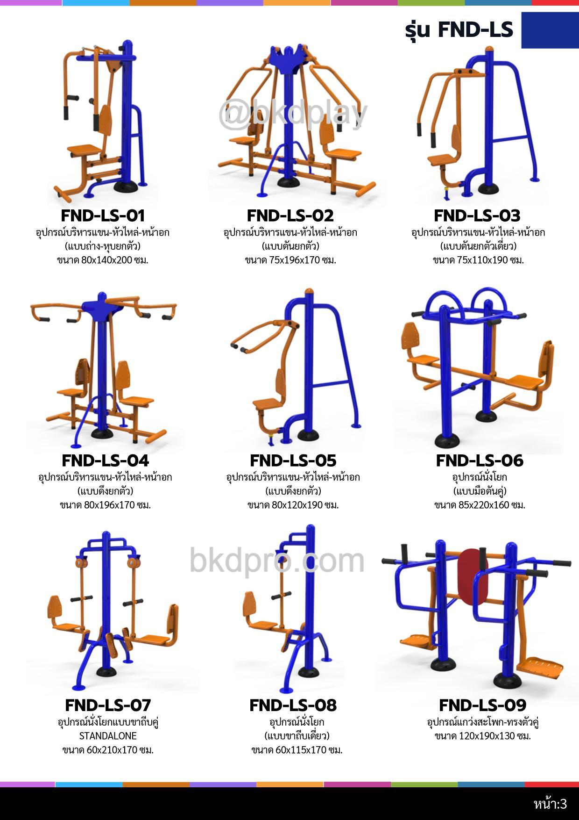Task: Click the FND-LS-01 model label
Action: click(x=103, y=216)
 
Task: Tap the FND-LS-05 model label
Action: click(x=293, y=460)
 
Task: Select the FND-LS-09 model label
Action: click(x=482, y=705)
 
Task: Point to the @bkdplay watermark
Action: click(x=293, y=114)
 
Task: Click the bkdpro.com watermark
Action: click(x=277, y=560)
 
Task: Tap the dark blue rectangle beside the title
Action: click(x=550, y=30)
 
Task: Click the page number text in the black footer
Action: click(x=551, y=804)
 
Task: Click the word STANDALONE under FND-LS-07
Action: click(x=108, y=736)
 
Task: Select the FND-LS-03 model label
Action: click(x=477, y=216)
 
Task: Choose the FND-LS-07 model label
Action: click(x=108, y=705)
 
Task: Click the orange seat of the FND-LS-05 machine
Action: click(x=267, y=403)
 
